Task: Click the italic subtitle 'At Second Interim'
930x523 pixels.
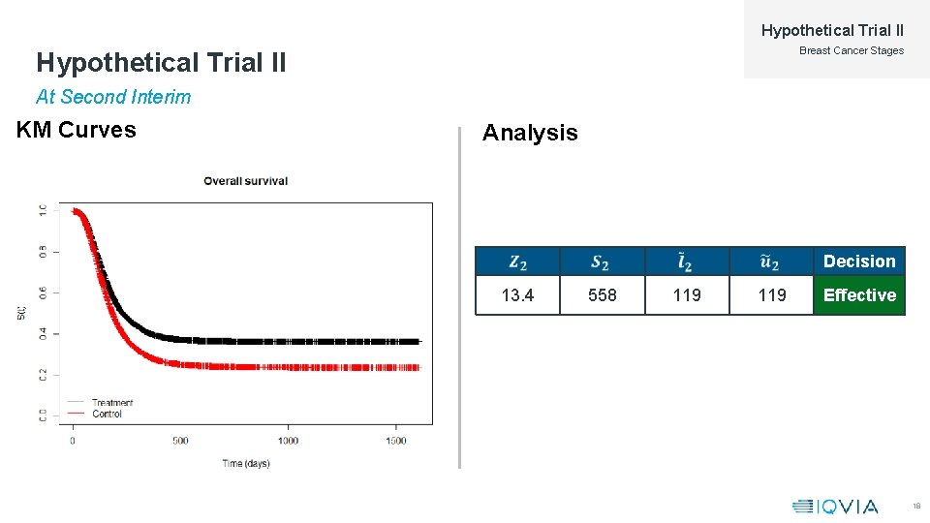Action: coord(113,97)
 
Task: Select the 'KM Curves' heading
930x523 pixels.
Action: coord(77,130)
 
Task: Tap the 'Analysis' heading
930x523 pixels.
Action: coord(530,133)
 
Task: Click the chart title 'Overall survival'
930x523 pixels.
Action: coord(245,180)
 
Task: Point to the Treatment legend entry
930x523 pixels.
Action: coord(111,402)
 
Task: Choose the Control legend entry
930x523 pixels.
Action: coord(107,414)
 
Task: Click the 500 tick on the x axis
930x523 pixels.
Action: coord(180,441)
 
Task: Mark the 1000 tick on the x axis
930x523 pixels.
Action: coord(288,441)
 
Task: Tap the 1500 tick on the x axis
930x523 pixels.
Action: coord(395,441)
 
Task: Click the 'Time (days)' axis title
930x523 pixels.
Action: coord(246,463)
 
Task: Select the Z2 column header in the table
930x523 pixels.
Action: coord(517,261)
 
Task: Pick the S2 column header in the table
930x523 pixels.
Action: coord(602,261)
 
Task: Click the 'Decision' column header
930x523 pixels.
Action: coord(859,261)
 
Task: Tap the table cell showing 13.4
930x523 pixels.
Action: coord(517,295)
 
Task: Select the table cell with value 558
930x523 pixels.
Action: coord(602,295)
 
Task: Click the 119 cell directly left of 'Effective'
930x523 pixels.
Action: coord(771,295)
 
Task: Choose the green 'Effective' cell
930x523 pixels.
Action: coord(859,295)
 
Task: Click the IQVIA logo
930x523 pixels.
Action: coord(835,506)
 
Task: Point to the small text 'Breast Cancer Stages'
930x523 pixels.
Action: coord(851,50)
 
